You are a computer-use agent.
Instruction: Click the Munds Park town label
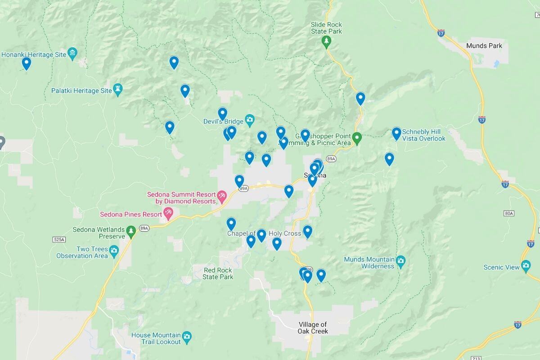tap(484, 46)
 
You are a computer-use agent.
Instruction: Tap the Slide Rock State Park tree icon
tap(326, 42)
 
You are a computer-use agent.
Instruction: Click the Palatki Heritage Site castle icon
tap(118, 89)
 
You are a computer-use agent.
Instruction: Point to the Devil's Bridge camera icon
tap(250, 120)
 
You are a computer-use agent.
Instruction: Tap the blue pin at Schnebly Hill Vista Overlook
tap(396, 133)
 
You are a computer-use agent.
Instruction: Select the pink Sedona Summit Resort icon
tap(221, 196)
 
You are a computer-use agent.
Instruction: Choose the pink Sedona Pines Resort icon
tap(168, 213)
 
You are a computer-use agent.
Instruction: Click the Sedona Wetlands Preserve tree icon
tap(131, 231)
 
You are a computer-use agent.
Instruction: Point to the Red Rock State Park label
tap(218, 274)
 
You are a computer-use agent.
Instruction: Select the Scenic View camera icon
tap(526, 265)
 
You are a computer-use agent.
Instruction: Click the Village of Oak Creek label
tap(313, 328)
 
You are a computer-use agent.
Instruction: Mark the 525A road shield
tap(58, 239)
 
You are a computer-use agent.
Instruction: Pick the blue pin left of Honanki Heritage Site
tap(27, 63)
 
